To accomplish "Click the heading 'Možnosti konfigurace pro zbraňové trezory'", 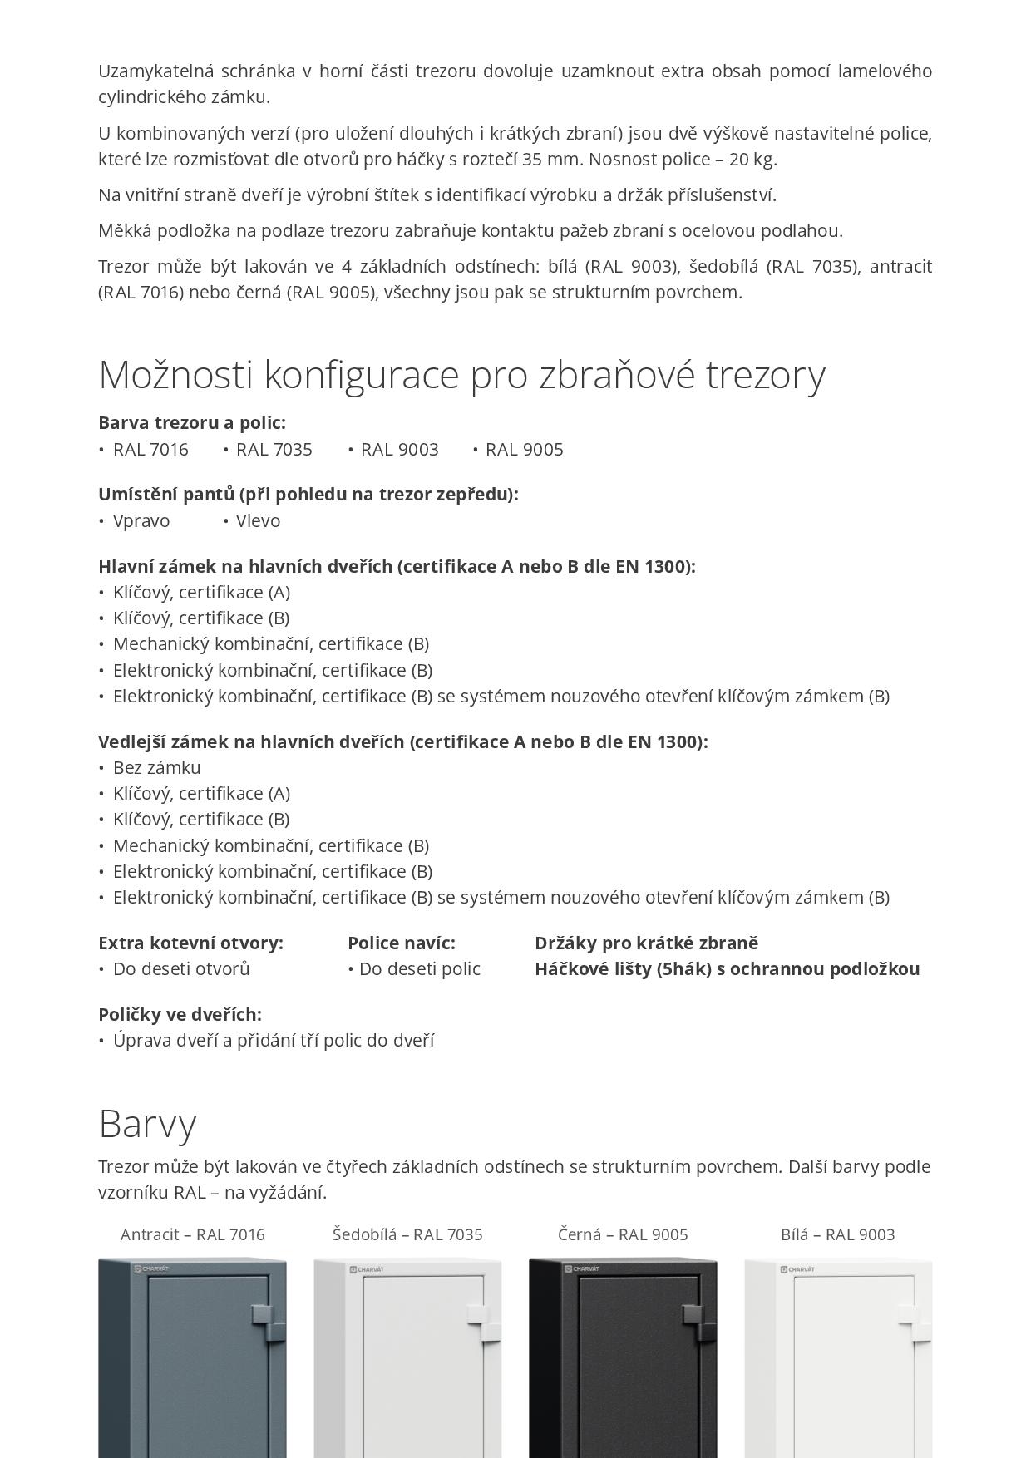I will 461,374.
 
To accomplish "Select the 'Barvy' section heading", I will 147,1123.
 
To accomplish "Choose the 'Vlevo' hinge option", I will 258,521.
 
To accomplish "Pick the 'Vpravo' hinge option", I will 141,521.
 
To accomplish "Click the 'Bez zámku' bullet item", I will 156,768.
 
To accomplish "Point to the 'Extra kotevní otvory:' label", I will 190,943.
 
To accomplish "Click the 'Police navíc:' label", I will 402,943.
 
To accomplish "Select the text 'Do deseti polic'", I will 419,969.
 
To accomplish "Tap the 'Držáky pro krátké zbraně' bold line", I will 646,943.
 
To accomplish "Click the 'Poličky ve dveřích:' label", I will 180,1014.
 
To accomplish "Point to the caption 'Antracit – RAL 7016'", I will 193,1234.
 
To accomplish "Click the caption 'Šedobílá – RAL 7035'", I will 407,1234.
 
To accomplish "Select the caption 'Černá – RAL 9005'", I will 623,1234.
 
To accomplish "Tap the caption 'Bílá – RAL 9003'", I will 837,1234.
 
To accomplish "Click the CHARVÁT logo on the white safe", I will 797,1269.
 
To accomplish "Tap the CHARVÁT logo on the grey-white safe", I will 367,1269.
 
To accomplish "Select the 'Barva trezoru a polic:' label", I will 191,423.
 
